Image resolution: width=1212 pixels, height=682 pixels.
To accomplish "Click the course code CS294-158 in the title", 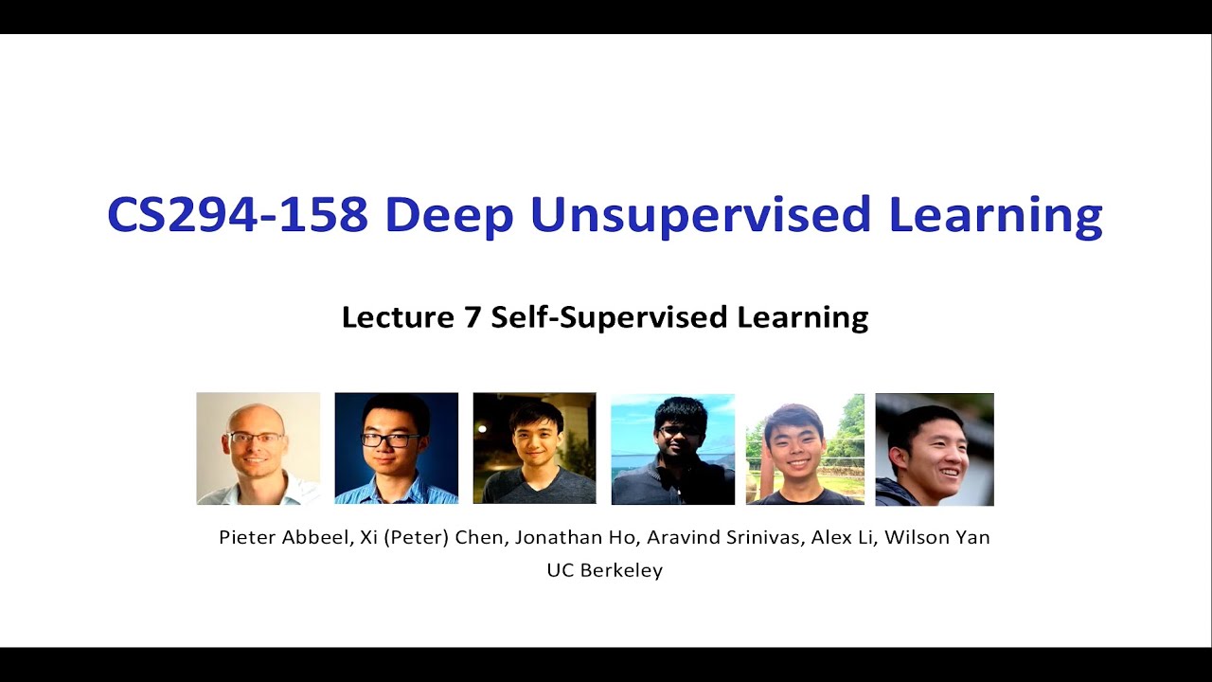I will click(x=237, y=216).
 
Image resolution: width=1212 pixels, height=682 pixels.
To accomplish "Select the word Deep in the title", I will click(x=449, y=216).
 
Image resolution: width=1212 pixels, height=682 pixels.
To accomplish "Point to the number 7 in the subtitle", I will click(x=472, y=317).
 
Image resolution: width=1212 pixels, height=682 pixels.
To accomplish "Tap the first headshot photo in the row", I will click(x=258, y=448).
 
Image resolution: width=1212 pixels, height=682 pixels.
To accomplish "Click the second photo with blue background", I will click(x=396, y=448).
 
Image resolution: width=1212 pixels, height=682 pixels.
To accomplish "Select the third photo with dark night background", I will click(x=534, y=448).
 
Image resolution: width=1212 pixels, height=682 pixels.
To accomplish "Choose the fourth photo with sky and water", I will click(x=672, y=449).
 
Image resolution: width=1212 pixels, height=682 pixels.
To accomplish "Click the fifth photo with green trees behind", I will click(x=805, y=449).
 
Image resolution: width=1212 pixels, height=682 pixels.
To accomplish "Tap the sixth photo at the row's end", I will click(x=935, y=449).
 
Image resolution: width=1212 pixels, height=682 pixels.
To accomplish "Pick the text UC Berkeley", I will click(x=604, y=570).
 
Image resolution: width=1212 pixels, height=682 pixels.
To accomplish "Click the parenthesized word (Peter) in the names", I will click(x=417, y=537).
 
